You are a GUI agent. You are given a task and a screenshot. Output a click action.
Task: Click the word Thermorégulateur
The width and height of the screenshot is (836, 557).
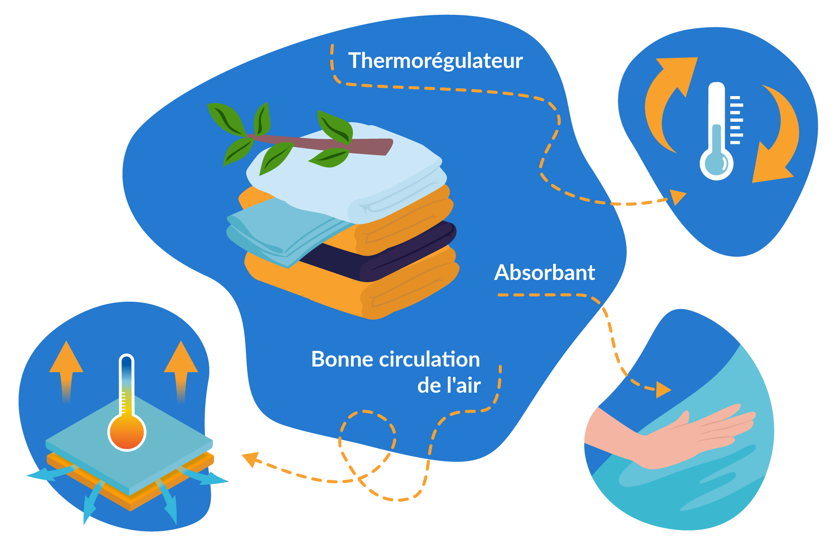[435, 61]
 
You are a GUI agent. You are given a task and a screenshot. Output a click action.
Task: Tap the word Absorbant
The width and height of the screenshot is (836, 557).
[544, 273]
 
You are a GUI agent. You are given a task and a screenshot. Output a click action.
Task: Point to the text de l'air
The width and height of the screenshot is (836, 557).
[449, 386]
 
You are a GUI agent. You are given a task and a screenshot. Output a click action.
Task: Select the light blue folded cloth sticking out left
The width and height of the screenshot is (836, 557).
[279, 230]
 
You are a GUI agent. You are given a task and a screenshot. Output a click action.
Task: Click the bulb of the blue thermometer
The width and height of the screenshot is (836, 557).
[716, 164]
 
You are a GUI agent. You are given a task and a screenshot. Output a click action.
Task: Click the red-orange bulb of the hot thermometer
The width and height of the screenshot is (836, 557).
[127, 432]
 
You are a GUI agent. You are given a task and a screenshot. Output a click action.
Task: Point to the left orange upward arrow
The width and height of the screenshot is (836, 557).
[66, 367]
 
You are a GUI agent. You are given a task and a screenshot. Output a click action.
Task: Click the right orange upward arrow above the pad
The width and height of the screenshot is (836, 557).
[181, 367]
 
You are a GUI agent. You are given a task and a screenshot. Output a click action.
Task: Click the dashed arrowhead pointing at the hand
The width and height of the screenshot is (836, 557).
[663, 389]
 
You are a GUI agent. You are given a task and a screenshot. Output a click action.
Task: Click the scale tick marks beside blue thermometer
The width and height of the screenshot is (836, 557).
[736, 120]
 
